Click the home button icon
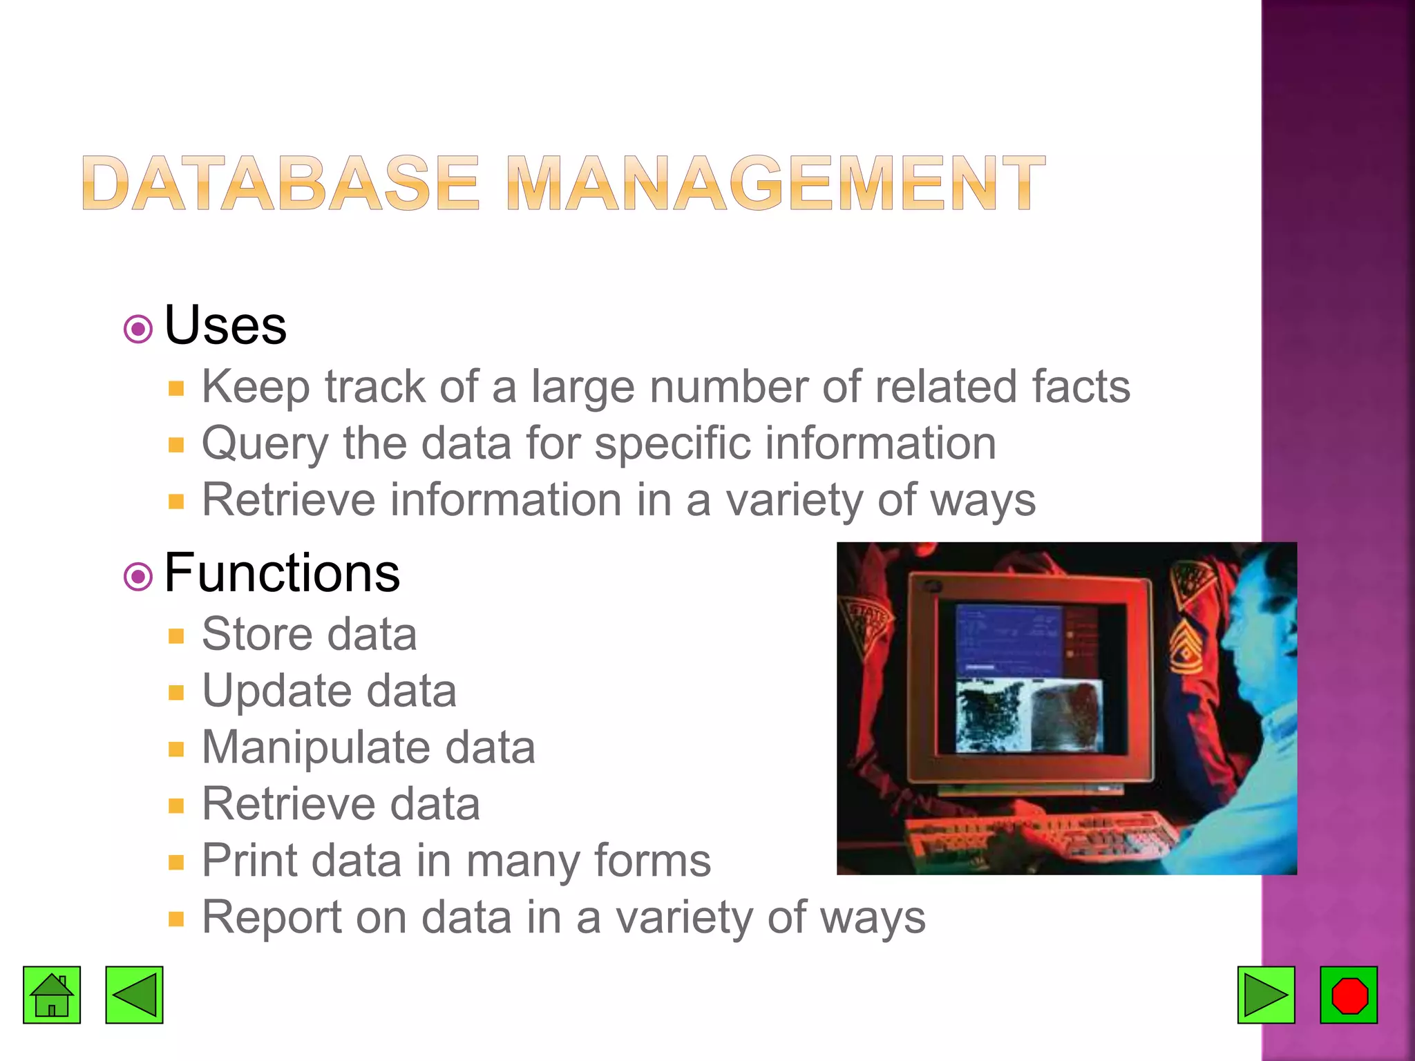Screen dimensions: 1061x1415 click(52, 995)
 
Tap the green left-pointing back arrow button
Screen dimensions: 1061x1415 click(134, 995)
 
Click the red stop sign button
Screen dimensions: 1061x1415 click(1349, 995)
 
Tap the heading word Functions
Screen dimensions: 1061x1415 click(282, 573)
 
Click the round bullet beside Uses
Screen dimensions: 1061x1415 click(138, 329)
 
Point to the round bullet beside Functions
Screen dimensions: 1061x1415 click(138, 576)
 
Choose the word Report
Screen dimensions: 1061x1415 click(271, 917)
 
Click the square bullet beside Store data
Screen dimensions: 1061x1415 click(176, 635)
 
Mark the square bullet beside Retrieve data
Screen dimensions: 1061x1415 click(176, 805)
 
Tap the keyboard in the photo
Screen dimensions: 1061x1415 click(1043, 836)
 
